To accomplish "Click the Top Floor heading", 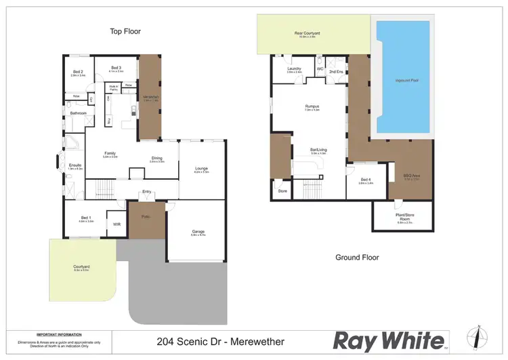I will click(x=125, y=31).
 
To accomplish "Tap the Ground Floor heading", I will click(x=357, y=257).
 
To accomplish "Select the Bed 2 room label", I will click(x=78, y=72).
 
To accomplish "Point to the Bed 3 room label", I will click(x=116, y=68).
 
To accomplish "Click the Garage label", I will click(x=198, y=232).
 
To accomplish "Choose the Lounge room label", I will click(x=201, y=169).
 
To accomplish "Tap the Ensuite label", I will click(x=75, y=165).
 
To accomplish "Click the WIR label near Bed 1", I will click(x=117, y=224).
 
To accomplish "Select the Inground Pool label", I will click(x=404, y=80).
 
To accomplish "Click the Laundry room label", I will click(x=293, y=68).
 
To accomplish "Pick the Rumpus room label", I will click(x=312, y=106).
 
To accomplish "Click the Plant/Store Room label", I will click(x=405, y=218).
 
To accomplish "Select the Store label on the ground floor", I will click(x=282, y=192).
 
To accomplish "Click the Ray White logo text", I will click(x=389, y=340).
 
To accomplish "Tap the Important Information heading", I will click(x=59, y=334).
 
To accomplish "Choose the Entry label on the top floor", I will click(x=146, y=192).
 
